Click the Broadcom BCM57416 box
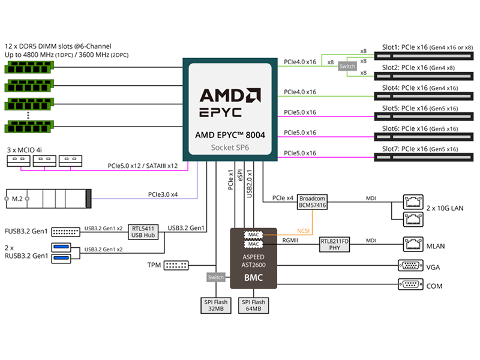[x=312, y=202]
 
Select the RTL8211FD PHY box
[x=334, y=244]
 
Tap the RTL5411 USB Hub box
[x=143, y=232]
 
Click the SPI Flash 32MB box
[x=216, y=305]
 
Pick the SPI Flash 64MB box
[x=253, y=305]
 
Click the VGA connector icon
[x=410, y=265]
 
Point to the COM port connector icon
[x=410, y=284]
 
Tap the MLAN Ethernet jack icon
[x=413, y=244]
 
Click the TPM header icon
[x=176, y=265]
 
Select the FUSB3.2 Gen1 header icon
[x=65, y=232]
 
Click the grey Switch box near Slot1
[x=347, y=66]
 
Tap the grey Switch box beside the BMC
[x=216, y=277]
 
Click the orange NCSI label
[x=303, y=231]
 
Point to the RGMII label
[x=290, y=241]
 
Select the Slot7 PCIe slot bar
[x=424, y=157]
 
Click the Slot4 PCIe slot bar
[x=424, y=97]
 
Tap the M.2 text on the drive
[x=17, y=199]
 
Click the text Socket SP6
[x=230, y=148]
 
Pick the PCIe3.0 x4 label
[x=163, y=194]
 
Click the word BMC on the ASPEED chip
[x=253, y=277]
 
